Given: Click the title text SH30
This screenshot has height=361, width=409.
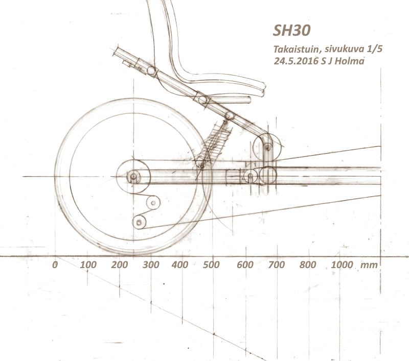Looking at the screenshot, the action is (291, 31).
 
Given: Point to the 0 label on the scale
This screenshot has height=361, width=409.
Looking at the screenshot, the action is (55, 264).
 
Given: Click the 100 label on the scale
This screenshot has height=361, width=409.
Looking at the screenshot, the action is (88, 264).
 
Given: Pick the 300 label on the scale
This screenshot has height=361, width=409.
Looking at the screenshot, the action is (151, 264).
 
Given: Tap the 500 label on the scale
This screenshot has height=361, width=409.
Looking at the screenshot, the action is (211, 264).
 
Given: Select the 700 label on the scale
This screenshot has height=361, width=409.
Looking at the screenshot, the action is (276, 264).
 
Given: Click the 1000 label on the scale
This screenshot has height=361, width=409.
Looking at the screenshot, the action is (342, 264).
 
